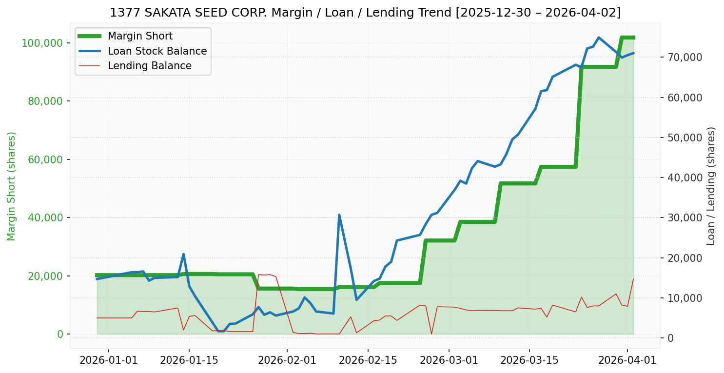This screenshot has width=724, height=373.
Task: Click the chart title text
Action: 365,13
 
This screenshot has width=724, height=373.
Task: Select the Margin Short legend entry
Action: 140,36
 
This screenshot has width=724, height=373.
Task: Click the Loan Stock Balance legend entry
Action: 157,51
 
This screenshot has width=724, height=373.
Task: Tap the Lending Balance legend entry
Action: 149,66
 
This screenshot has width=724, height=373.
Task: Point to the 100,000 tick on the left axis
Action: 42,43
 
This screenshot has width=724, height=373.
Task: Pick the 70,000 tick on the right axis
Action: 685,57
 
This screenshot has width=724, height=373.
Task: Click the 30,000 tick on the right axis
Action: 685,217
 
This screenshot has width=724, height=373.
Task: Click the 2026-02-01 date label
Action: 287,361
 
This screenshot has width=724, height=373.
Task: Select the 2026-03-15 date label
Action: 529,361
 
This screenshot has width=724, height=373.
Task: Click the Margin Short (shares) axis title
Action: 12,186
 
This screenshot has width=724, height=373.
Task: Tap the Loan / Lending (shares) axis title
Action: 711,186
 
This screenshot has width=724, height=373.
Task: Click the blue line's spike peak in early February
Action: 339,215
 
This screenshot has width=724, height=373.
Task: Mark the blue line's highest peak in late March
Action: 598,38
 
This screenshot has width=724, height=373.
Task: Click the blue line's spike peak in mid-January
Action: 183,254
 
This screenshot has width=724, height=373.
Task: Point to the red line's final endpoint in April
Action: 633,279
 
